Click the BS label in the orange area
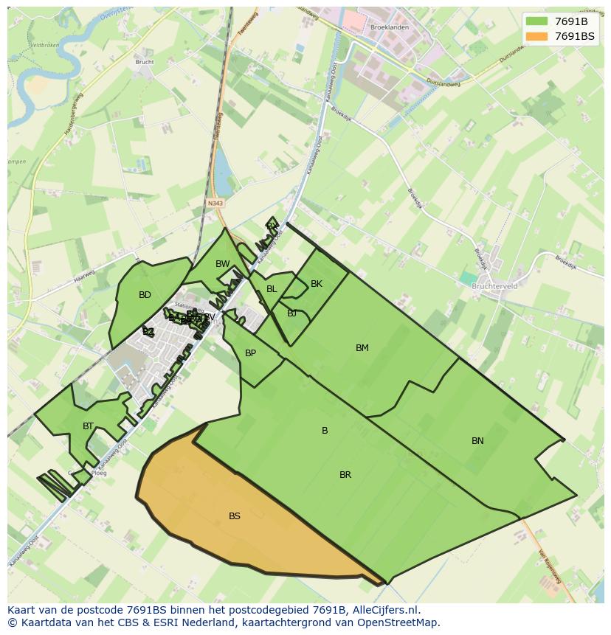(235, 516)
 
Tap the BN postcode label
(477, 441)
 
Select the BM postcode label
(362, 348)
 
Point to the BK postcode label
(317, 284)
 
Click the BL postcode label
(272, 289)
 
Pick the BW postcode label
(223, 264)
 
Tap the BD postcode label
(145, 295)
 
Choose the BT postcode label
(89, 426)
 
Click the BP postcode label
(251, 353)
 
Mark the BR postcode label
(345, 475)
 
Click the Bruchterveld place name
(494, 286)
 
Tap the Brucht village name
(145, 62)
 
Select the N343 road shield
(215, 203)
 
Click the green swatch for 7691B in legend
(536, 21)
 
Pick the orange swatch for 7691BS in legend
(536, 35)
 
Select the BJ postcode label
(292, 313)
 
